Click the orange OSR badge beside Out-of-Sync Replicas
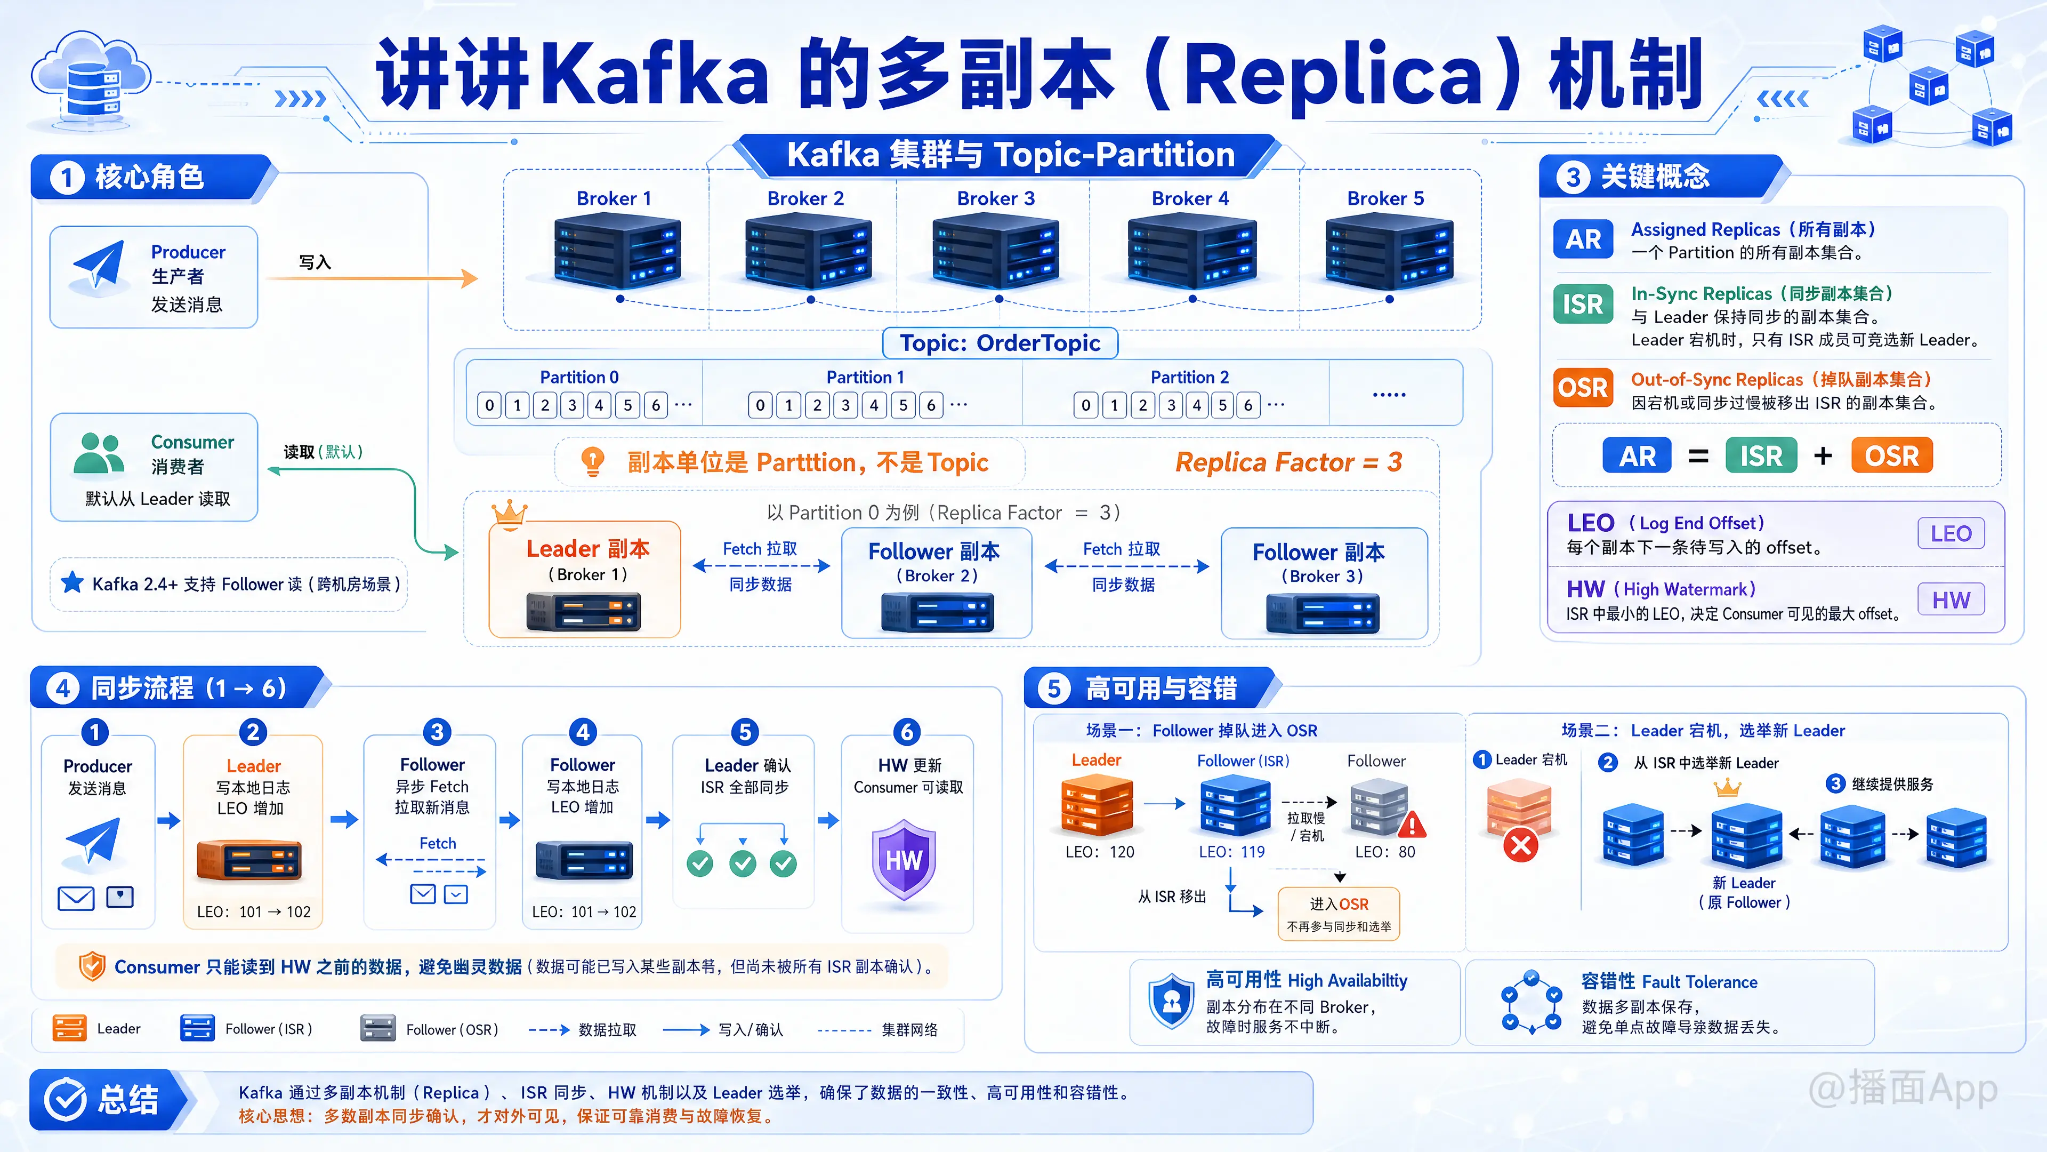(x=1583, y=388)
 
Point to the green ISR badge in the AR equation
(x=1761, y=457)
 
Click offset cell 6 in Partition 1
(x=931, y=405)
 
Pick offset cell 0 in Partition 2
(x=1085, y=405)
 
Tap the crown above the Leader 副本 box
(x=509, y=514)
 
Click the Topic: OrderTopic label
(x=1000, y=343)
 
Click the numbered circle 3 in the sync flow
(x=436, y=731)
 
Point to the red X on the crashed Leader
(x=1521, y=845)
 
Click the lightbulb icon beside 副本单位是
(x=593, y=461)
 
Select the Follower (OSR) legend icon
(x=378, y=1028)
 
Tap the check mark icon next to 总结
(x=65, y=1100)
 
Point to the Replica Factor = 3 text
(x=1289, y=462)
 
